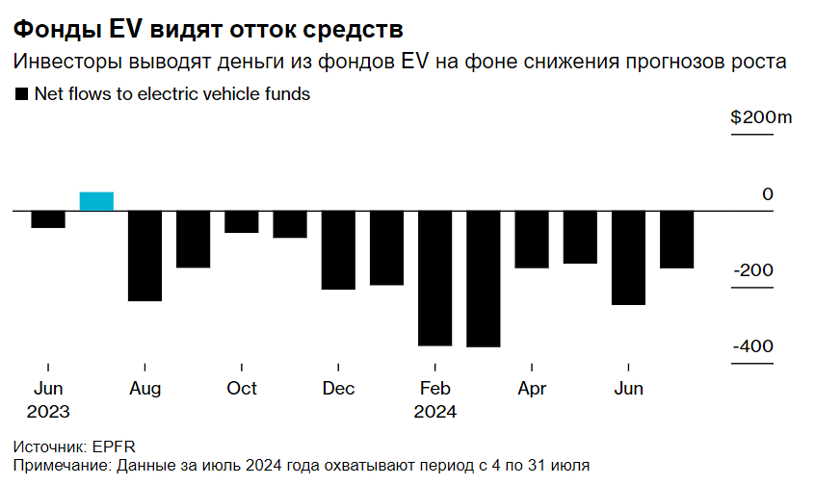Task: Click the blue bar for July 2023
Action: point(96,201)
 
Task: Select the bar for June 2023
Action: point(48,219)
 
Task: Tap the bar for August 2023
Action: point(145,256)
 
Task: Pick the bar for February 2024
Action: point(434,278)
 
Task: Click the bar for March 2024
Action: point(483,279)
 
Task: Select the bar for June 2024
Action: point(628,258)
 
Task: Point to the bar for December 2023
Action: point(338,250)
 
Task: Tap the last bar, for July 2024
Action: point(676,240)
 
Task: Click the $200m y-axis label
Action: point(760,118)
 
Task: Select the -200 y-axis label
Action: point(753,270)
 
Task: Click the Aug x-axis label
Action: point(145,389)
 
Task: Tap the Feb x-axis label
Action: point(434,389)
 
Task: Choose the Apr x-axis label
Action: point(532,389)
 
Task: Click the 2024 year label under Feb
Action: point(434,411)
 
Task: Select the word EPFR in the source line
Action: point(115,447)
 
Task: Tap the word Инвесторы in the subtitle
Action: point(63,62)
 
